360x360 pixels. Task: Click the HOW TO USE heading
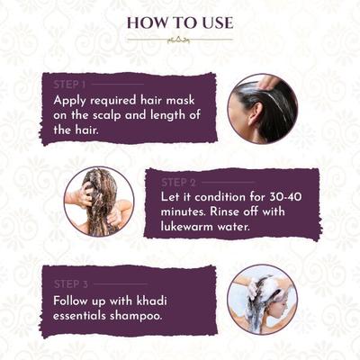[180, 22]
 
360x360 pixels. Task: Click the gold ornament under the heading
[180, 40]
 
